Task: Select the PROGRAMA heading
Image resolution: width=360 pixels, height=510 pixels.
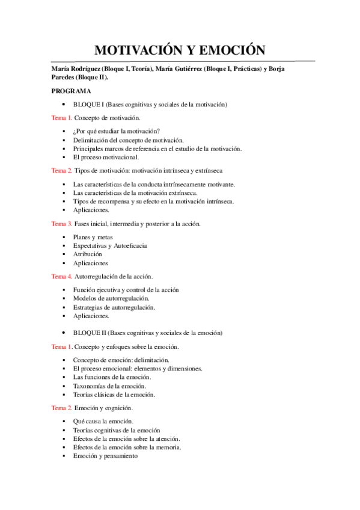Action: point(71,91)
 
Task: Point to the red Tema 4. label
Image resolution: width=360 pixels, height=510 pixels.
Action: point(62,277)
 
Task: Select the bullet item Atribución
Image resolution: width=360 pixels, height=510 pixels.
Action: point(87,254)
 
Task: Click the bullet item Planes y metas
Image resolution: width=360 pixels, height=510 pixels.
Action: point(93,237)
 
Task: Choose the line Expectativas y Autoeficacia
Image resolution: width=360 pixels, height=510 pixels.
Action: point(109,245)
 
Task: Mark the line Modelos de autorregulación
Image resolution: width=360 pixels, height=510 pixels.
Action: point(111,298)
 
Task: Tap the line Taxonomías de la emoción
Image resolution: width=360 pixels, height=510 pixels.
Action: point(109,386)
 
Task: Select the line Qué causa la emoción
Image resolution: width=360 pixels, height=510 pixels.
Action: point(103,421)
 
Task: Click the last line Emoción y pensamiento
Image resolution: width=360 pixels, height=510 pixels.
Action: point(105,456)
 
